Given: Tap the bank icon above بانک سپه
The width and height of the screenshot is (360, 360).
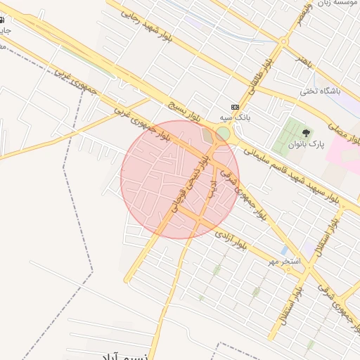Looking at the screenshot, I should tap(235, 107).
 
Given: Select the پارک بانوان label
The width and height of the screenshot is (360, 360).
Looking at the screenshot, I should tap(307, 145).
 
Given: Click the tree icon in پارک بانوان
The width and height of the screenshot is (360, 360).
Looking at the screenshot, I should tap(306, 132).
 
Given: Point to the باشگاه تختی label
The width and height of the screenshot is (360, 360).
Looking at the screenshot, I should tap(320, 91).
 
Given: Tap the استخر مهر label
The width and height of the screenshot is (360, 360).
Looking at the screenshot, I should tap(285, 262).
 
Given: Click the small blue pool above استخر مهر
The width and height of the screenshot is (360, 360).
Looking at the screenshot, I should tap(283, 250).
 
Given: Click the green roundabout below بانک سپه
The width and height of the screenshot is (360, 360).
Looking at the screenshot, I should tap(223, 134).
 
